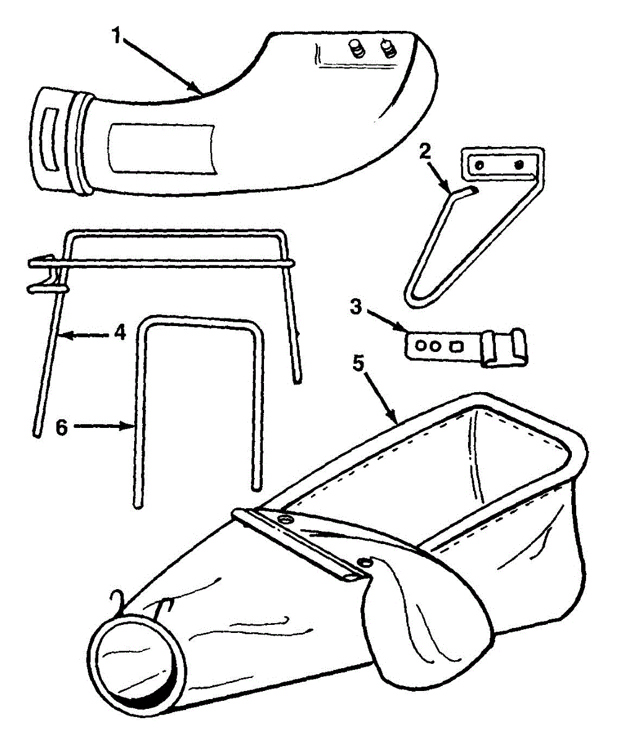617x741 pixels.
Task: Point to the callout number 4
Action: (x=119, y=333)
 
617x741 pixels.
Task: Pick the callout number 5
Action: (x=357, y=364)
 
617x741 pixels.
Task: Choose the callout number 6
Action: (x=61, y=426)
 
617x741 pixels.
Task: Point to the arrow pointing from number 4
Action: (x=87, y=334)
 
